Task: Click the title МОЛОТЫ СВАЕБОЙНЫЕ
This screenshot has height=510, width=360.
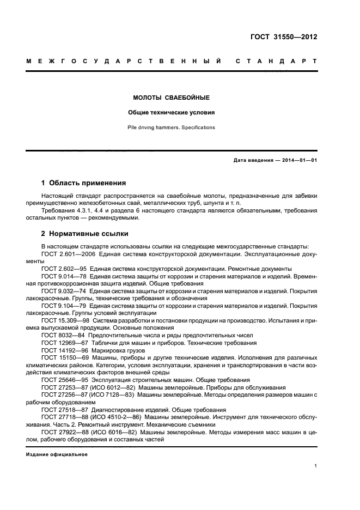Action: pos(172,98)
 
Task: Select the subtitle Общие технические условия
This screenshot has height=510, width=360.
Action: pos(172,113)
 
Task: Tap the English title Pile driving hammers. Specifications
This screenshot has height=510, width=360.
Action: pos(172,127)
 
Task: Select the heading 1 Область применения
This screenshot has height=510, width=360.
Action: pos(84,183)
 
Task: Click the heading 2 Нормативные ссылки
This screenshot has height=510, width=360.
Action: pos(85,234)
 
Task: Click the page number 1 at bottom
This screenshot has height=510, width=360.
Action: pos(316,466)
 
